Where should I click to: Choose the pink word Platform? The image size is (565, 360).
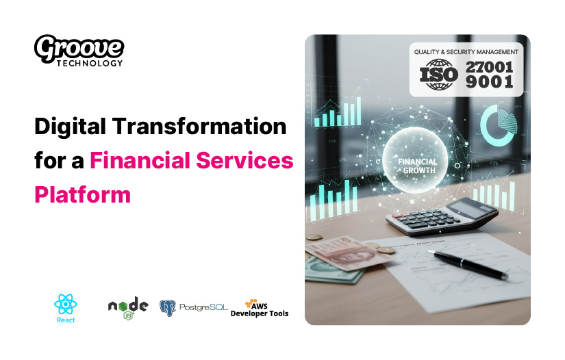pos(82,194)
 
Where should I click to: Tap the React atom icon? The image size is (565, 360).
pos(65,303)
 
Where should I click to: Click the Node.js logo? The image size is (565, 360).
pos(128,307)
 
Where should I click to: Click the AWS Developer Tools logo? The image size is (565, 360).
pos(260,309)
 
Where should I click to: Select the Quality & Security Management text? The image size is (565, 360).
pos(466,51)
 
